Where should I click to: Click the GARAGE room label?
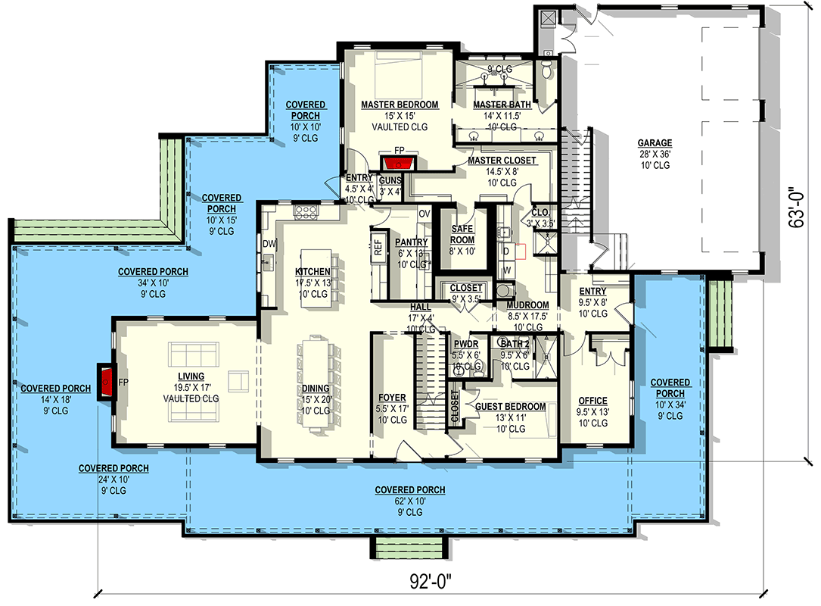pos(655,142)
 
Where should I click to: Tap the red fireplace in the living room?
pos(106,382)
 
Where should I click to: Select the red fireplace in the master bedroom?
pos(399,164)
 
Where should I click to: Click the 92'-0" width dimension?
pos(430,581)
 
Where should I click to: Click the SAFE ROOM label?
pos(462,234)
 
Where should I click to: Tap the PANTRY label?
pos(411,242)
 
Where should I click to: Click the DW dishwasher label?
pos(269,243)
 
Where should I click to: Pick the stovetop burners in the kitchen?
pos(306,211)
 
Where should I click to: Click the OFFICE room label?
pos(592,401)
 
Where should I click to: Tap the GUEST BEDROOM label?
pos(511,406)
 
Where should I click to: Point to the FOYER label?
pos(392,398)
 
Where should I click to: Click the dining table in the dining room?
pos(316,384)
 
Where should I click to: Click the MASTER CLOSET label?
pos(502,160)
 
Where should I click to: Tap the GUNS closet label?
pos(390,181)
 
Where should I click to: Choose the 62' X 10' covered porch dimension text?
pos(410,501)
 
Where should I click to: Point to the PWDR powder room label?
pos(466,344)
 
